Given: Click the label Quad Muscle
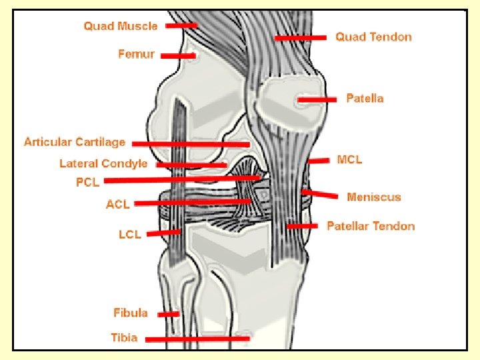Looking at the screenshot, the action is [x=121, y=27].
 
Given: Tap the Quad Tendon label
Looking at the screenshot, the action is [x=373, y=37].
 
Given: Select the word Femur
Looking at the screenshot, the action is [x=136, y=54].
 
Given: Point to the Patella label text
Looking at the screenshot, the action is [x=365, y=98].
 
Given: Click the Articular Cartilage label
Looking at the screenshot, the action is [x=75, y=141].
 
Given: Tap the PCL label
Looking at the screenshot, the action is [x=87, y=182].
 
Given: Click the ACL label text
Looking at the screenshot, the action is [x=118, y=204].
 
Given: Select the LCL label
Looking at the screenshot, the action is [x=129, y=234].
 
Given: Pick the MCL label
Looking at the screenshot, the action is [x=350, y=159].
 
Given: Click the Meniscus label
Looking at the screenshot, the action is [x=374, y=197].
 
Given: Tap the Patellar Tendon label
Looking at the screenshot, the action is [x=371, y=226].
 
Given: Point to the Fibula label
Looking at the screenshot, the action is [x=131, y=313].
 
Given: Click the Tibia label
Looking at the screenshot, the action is [x=124, y=337].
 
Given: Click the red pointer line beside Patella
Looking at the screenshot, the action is [x=317, y=99].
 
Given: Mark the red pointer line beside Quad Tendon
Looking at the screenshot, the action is [x=300, y=38].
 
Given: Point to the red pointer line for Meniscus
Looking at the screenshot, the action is [x=319, y=194].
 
